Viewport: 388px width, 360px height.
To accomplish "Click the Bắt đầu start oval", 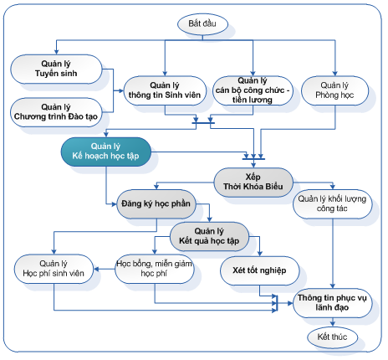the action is pyautogui.click(x=202, y=24).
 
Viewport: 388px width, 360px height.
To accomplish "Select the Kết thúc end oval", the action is pyautogui.click(x=332, y=337).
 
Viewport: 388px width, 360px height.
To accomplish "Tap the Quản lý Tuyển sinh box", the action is pyautogui.click(x=56, y=69).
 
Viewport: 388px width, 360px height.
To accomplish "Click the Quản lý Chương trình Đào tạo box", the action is pyautogui.click(x=56, y=112).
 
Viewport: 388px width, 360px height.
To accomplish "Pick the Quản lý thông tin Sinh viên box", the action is pyautogui.click(x=165, y=90).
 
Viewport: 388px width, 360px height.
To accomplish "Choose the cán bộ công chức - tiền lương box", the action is pyautogui.click(x=253, y=90).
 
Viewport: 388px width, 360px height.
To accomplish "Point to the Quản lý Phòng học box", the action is pyautogui.click(x=334, y=90).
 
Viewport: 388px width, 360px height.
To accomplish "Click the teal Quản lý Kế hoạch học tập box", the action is pyautogui.click(x=106, y=152).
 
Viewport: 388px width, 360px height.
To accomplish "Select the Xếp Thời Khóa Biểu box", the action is pyautogui.click(x=253, y=183).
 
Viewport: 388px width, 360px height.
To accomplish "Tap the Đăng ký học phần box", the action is pyautogui.click(x=156, y=204).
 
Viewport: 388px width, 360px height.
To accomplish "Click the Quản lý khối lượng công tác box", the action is pyautogui.click(x=332, y=204).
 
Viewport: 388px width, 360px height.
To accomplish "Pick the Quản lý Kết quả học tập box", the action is pyautogui.click(x=209, y=236).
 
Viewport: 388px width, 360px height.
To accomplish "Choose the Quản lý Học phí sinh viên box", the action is pyautogui.click(x=54, y=269).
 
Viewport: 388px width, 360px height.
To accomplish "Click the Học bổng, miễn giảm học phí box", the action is pyautogui.click(x=155, y=269).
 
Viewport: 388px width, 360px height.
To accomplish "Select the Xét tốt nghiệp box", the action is pyautogui.click(x=260, y=270).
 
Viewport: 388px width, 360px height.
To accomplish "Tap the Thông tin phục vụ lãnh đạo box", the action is pyautogui.click(x=332, y=303).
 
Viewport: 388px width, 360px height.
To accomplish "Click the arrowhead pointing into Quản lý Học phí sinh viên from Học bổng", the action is pyautogui.click(x=96, y=269).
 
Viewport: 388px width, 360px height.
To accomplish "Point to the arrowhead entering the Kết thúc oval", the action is pyautogui.click(x=333, y=324).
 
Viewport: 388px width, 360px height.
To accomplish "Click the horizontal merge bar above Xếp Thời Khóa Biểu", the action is pyautogui.click(x=253, y=159).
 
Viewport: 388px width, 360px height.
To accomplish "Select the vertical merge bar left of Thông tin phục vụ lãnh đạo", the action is pyautogui.click(x=277, y=303).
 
